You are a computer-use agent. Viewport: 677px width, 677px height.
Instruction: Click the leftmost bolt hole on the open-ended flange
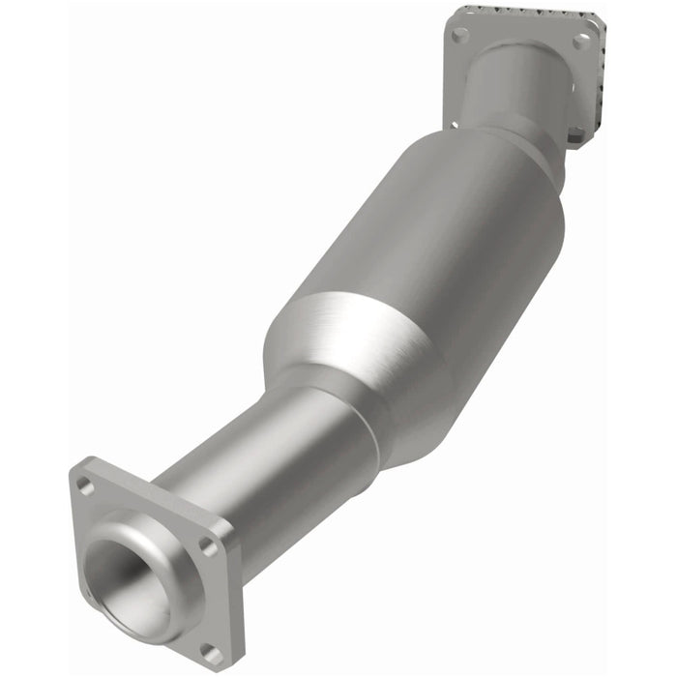[85, 486]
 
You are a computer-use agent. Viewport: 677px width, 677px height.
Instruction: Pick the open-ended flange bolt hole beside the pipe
[207, 546]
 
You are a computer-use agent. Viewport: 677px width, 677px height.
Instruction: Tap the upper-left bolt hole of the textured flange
[459, 34]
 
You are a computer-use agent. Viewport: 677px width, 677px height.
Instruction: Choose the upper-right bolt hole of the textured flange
[581, 42]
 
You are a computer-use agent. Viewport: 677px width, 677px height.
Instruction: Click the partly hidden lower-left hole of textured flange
[453, 123]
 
